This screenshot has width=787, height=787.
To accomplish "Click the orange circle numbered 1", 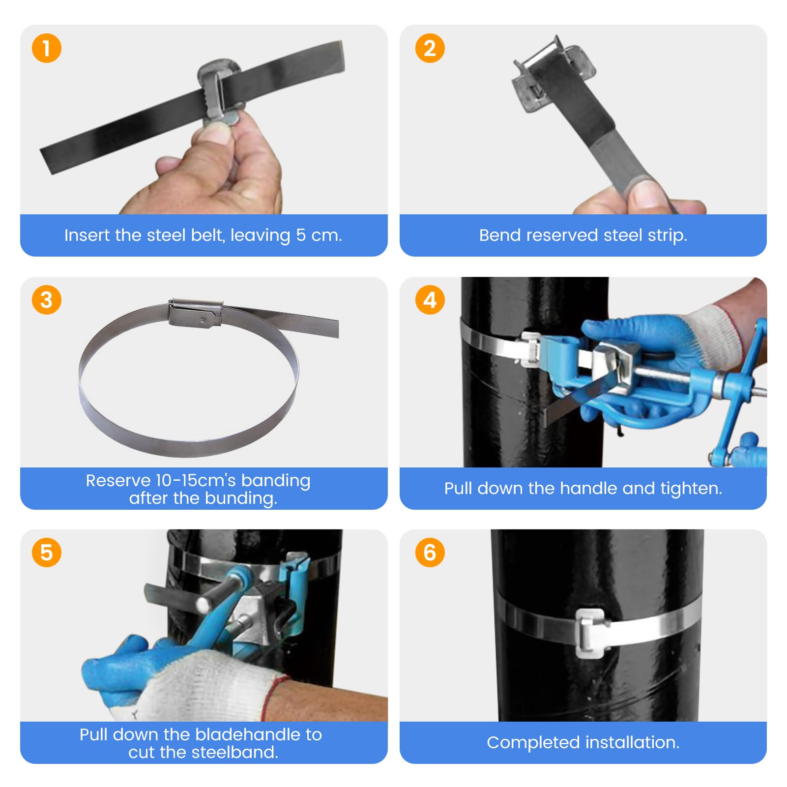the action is tap(46, 48).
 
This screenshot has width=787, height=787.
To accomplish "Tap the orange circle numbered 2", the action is tap(430, 48).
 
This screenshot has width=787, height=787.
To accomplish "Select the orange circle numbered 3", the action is tap(46, 300).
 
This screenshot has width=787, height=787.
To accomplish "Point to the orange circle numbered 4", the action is tap(430, 300).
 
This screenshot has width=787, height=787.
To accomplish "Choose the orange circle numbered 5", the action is tap(46, 553).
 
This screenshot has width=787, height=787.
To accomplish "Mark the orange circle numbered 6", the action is tap(430, 553).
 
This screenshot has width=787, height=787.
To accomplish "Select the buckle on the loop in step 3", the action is tap(195, 313).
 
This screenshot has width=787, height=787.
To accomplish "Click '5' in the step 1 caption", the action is tap(301, 235).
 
